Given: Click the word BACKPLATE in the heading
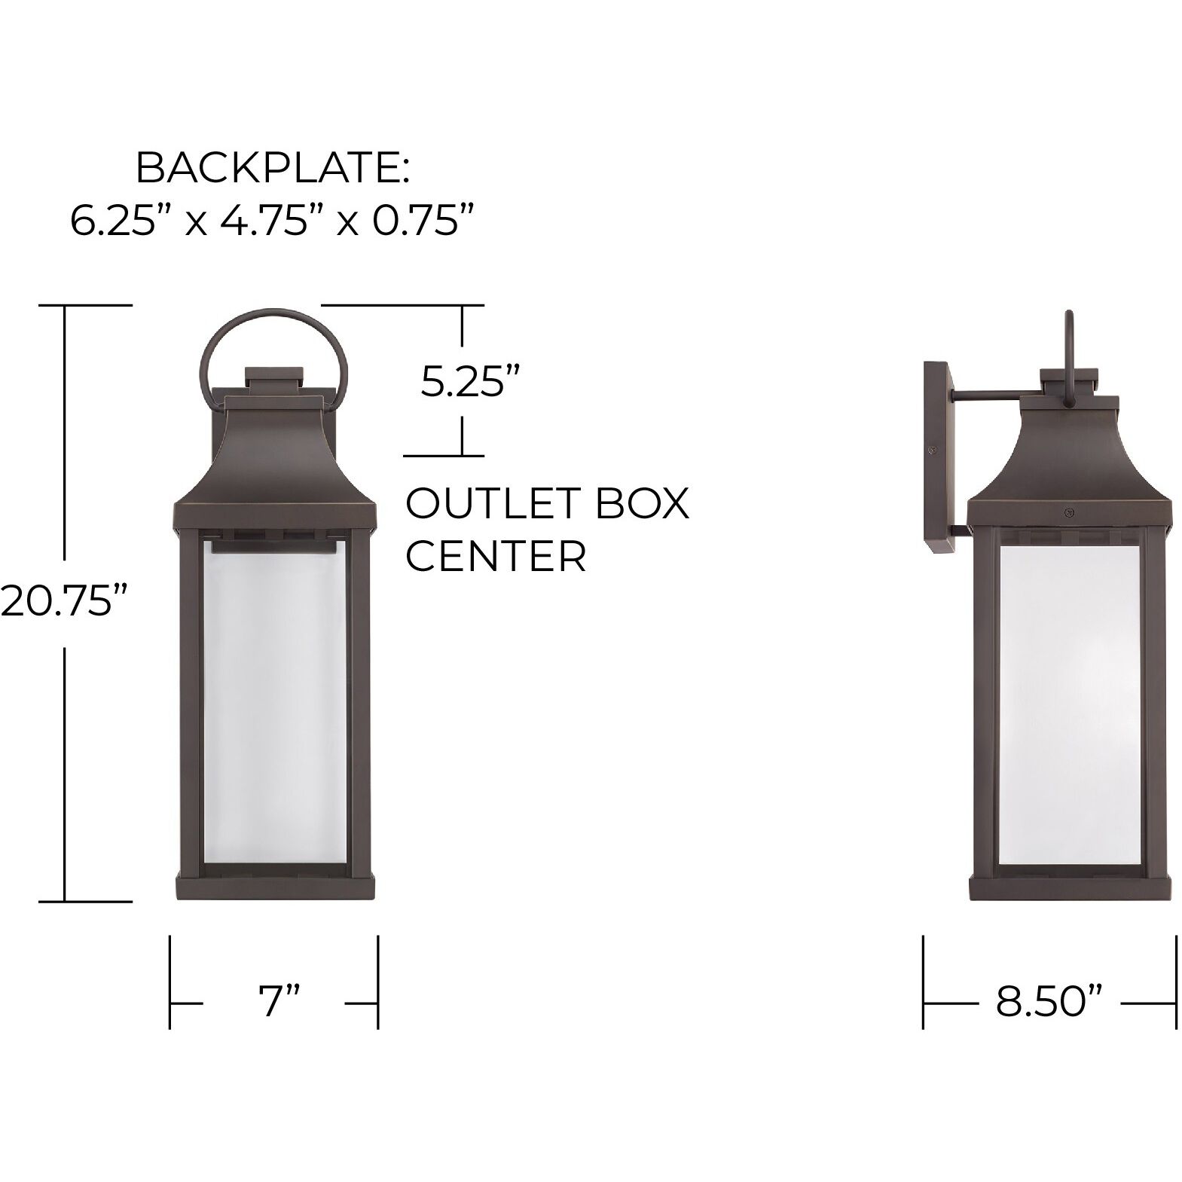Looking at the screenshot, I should click(x=267, y=169).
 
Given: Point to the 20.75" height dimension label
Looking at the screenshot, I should click(x=62, y=600).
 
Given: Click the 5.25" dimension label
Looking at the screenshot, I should click(x=472, y=383).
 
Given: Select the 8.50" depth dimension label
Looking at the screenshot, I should click(x=1049, y=1003).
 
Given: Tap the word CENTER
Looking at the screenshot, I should click(x=495, y=557).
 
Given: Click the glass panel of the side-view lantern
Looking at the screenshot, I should click(x=1069, y=704).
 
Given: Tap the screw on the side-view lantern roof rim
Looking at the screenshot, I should click(x=1068, y=512).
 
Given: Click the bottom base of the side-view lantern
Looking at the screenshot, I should click(x=1069, y=887).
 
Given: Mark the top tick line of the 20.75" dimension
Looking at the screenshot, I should click(x=85, y=305).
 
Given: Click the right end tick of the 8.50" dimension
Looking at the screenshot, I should click(x=1175, y=982).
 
